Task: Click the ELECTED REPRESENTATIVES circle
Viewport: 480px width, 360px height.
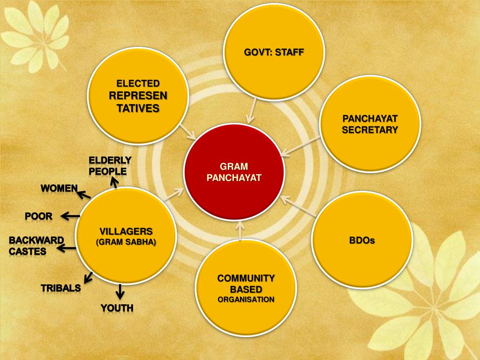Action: pyautogui.click(x=138, y=96)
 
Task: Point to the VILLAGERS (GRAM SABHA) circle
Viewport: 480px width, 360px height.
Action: pyautogui.click(x=126, y=236)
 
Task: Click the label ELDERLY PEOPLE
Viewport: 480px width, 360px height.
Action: pyautogui.click(x=110, y=166)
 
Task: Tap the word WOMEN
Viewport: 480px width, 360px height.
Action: pyautogui.click(x=59, y=188)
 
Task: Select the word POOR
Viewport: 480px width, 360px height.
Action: pyautogui.click(x=38, y=216)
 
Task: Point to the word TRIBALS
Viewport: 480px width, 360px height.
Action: pyautogui.click(x=60, y=288)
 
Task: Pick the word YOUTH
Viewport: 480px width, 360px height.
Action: pyautogui.click(x=117, y=308)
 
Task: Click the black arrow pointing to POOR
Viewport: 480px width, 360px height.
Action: pyautogui.click(x=70, y=216)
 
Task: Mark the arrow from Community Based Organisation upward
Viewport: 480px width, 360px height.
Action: pyautogui.click(x=240, y=232)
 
